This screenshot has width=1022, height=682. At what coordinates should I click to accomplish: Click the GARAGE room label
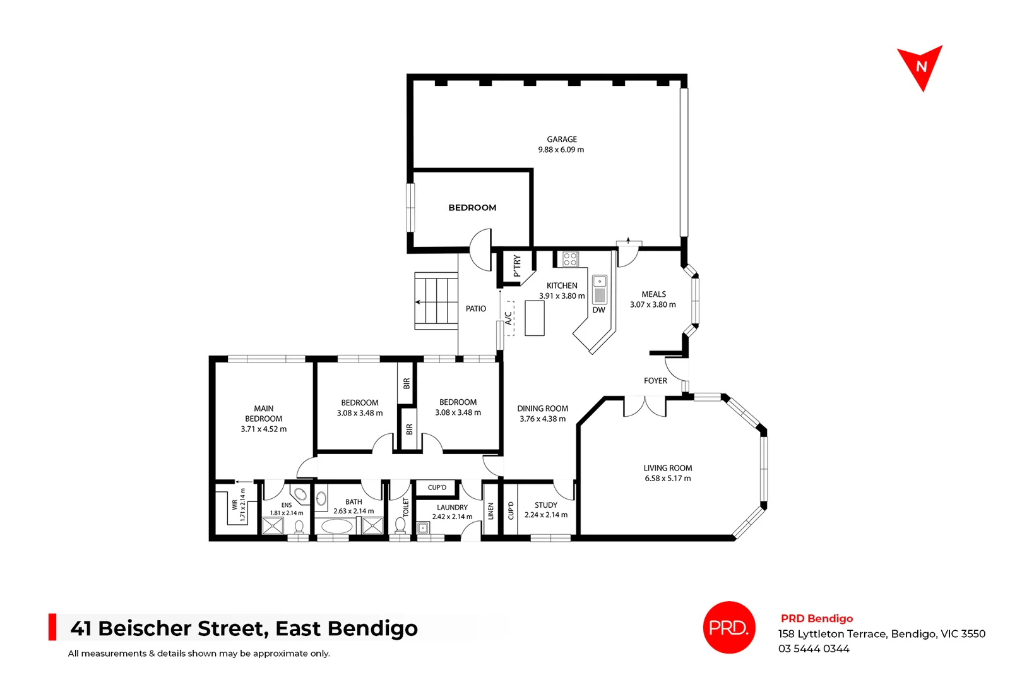point(561,140)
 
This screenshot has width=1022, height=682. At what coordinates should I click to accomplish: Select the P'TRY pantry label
point(517,266)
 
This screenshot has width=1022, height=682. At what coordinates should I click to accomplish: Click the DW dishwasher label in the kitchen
point(598,310)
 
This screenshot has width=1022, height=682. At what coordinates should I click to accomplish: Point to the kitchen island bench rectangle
point(534,318)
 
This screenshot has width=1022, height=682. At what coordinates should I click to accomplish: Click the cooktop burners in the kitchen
point(570,258)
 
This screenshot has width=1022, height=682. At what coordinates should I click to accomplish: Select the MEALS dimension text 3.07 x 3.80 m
point(653,304)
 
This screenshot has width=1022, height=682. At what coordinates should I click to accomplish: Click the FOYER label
point(655,381)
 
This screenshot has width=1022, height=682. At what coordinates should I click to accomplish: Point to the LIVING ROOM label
point(667,468)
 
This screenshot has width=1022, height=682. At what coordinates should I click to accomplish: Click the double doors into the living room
point(645,407)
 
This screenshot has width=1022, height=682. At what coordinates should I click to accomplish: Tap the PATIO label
point(475,309)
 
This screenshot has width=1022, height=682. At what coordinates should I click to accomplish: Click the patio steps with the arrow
point(436,301)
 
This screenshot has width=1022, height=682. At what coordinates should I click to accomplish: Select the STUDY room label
point(545,505)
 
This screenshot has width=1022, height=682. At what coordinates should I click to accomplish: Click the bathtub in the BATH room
point(334,526)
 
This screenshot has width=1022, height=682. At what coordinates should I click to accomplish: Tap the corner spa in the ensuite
point(301,493)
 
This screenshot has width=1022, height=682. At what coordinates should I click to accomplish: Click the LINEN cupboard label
point(490,511)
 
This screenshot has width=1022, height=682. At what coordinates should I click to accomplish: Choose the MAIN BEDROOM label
point(263,414)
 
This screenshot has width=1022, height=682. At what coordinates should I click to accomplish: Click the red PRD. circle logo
point(728,627)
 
